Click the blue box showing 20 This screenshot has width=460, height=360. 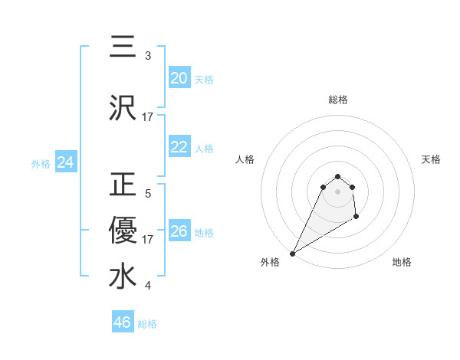coord(179,78)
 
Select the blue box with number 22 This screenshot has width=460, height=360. coord(179,147)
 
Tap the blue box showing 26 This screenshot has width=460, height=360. coord(179,231)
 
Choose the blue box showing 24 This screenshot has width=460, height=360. coord(65,162)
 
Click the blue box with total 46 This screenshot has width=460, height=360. coord(123,322)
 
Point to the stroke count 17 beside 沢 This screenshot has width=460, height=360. coord(148,116)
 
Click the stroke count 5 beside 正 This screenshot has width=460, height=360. coord(148,194)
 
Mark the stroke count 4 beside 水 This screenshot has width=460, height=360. coord(148,286)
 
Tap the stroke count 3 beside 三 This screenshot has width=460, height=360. coord(148,55)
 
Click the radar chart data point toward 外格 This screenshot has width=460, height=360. coord(292,254)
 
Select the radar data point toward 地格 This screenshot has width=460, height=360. coord(356,218)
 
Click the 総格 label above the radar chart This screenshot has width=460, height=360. coord(338,100)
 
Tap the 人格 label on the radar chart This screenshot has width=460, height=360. coord(245,159)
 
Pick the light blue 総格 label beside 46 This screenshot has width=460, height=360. coord(147,324)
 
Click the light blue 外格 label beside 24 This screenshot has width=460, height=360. coord(41,163)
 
